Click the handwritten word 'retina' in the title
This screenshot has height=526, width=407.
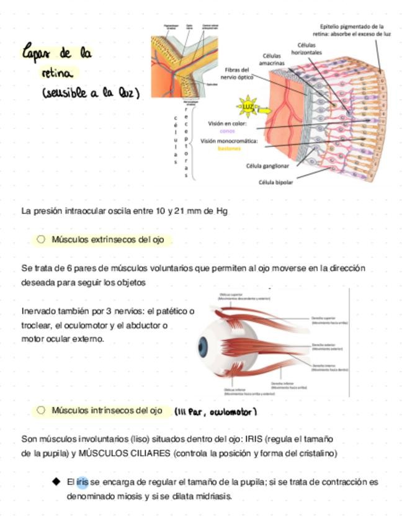tap(57, 73)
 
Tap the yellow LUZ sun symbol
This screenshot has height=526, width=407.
tap(248, 107)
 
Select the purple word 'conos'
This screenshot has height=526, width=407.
tap(228, 131)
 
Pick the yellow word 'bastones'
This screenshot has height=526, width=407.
tap(229, 149)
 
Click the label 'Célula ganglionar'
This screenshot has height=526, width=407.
tap(267, 166)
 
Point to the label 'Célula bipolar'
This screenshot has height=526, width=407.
tap(276, 182)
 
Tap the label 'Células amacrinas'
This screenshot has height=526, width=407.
tap(272, 59)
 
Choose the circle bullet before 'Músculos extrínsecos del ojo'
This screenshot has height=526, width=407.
tap(41, 239)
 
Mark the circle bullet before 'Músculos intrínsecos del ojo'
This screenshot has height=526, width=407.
tap(41, 410)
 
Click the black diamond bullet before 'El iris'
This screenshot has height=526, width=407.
tap(56, 481)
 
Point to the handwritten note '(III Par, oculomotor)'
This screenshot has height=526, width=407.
tap(215, 412)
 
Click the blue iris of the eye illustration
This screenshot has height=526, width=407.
tap(203, 345)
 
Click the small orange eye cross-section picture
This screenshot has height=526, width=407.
tap(184, 60)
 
